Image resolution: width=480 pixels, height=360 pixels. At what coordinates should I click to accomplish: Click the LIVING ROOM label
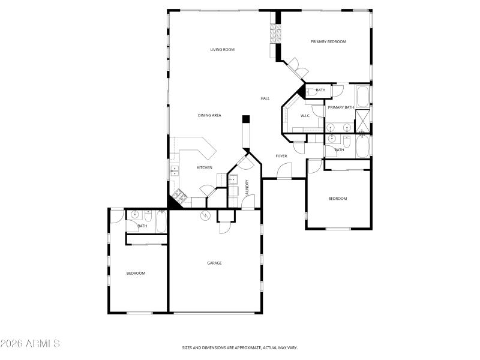click(222, 49)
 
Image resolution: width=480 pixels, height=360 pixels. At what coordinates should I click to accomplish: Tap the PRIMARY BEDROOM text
click(328, 41)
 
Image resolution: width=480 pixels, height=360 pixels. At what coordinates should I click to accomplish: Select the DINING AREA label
click(209, 115)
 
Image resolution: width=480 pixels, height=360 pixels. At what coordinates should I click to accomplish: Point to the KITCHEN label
click(205, 167)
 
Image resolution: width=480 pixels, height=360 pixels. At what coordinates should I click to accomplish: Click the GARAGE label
click(214, 263)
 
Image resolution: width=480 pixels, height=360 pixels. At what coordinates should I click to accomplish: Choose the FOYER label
click(281, 156)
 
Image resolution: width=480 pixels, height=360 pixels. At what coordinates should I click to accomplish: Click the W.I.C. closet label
click(305, 115)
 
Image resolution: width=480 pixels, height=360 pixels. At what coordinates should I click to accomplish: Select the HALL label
click(265, 98)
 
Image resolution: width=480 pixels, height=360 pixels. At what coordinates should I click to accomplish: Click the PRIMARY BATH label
click(340, 107)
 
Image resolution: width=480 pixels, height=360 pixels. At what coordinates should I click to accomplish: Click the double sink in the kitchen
click(175, 170)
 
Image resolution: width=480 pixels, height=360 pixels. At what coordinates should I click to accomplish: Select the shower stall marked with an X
click(363, 120)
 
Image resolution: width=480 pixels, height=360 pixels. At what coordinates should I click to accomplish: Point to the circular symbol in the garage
click(205, 215)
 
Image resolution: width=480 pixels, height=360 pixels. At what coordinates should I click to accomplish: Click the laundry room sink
click(233, 179)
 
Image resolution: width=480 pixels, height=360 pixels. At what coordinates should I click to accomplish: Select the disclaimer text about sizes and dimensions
click(240, 347)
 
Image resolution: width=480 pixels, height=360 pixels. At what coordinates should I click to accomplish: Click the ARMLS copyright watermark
click(30, 344)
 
